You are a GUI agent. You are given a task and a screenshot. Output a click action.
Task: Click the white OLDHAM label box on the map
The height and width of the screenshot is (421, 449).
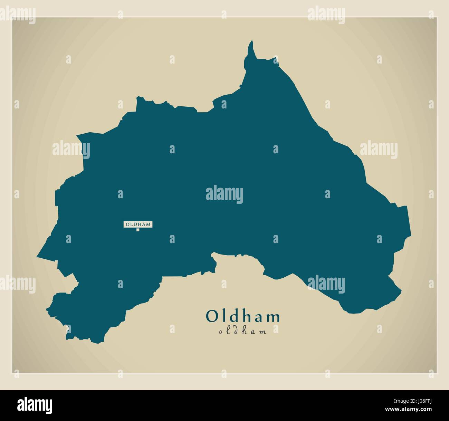point(138,224)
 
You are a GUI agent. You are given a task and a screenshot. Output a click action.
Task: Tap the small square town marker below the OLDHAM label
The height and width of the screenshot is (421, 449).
point(137,230)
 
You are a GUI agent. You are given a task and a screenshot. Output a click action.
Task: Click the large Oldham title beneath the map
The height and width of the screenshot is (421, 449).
point(243,316)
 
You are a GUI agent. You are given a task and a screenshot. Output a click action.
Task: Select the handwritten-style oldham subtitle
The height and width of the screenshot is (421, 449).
point(243,332)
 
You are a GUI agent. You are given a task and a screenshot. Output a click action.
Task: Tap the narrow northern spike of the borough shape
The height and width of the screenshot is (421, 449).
point(251,48)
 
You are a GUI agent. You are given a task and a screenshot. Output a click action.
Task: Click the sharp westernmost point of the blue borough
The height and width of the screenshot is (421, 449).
point(38,257)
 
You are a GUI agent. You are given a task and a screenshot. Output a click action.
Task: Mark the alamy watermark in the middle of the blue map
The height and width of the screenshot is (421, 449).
point(224,194)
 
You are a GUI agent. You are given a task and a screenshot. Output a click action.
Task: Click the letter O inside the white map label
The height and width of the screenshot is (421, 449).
point(127,224)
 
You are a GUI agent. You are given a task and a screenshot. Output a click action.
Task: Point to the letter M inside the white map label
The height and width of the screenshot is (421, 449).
point(148,224)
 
